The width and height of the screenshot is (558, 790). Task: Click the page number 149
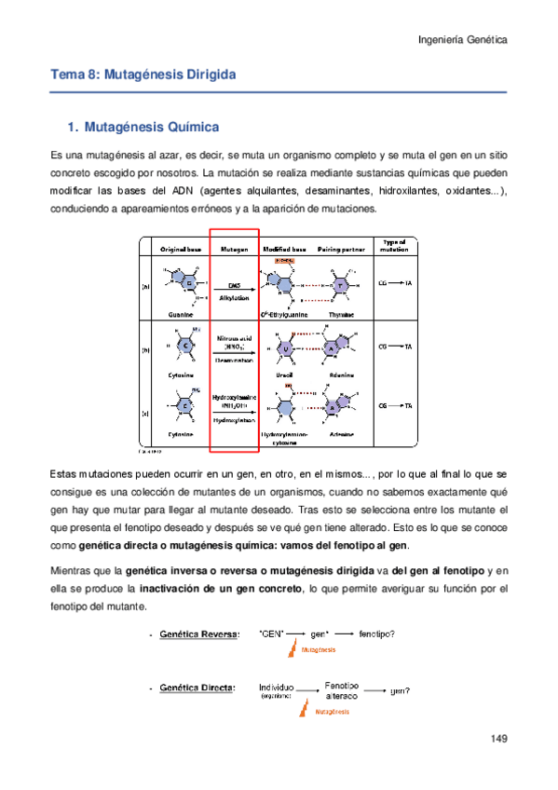coord(497,739)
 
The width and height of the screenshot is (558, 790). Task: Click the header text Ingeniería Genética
coord(460,41)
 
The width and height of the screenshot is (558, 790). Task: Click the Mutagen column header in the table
coord(233,250)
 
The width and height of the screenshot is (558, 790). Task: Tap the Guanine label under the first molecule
coord(181,316)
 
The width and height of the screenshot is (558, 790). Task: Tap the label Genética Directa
coord(198,688)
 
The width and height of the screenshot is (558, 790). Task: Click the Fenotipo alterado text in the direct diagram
coord(342,689)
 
